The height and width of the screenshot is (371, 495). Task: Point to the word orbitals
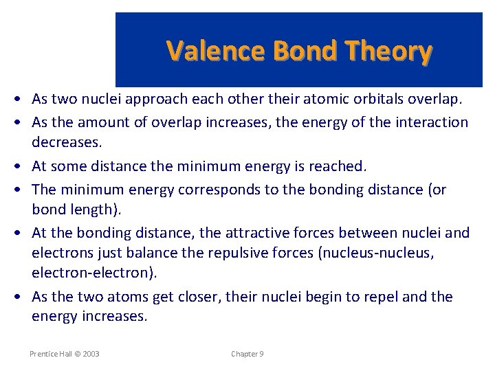pyautogui.click(x=375, y=99)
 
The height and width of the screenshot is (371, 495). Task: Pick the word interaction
pyautogui.click(x=433, y=122)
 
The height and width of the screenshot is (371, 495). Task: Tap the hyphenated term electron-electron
pyautogui.click(x=93, y=273)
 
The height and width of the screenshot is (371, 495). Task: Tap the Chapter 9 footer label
pyautogui.click(x=247, y=354)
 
